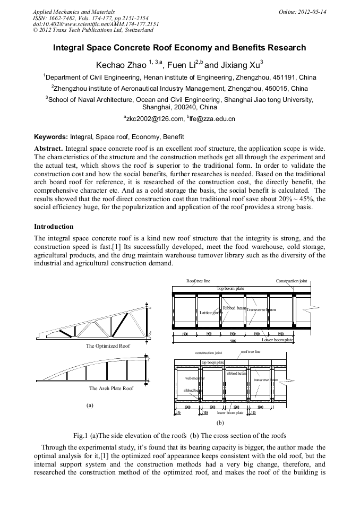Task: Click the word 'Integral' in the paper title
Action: (71, 48)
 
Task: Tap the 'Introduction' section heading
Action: (54, 227)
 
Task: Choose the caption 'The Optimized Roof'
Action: (108, 346)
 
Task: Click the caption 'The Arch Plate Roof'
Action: (111, 389)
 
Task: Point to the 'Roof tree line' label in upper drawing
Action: (198, 281)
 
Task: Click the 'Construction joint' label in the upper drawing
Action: (291, 281)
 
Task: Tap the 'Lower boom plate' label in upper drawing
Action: (277, 339)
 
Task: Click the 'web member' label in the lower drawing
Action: (194, 378)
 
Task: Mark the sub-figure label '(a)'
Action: (90, 405)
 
